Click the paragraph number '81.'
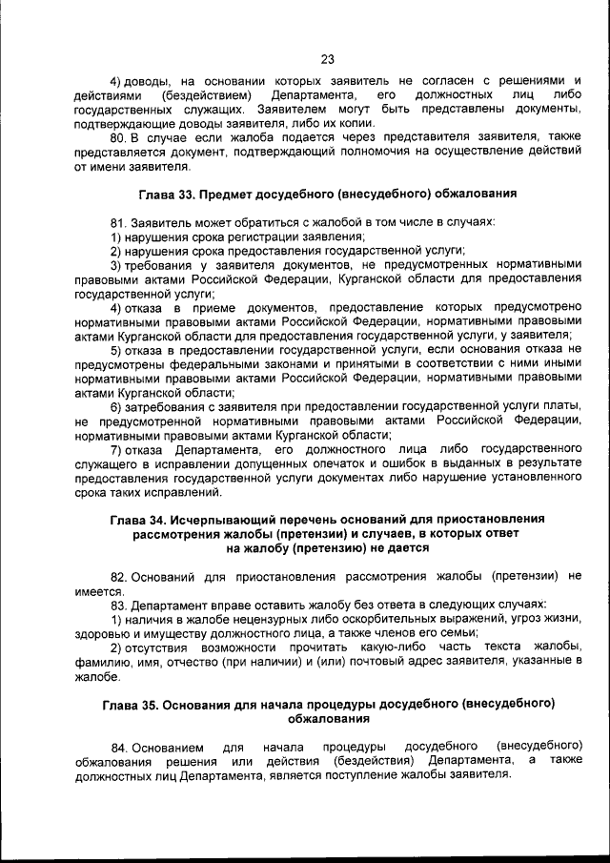(120, 222)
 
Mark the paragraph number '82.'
(120, 577)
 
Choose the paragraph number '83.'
(120, 605)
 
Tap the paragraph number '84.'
(120, 745)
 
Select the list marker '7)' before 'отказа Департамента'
(116, 450)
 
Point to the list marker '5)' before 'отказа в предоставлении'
(116, 351)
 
